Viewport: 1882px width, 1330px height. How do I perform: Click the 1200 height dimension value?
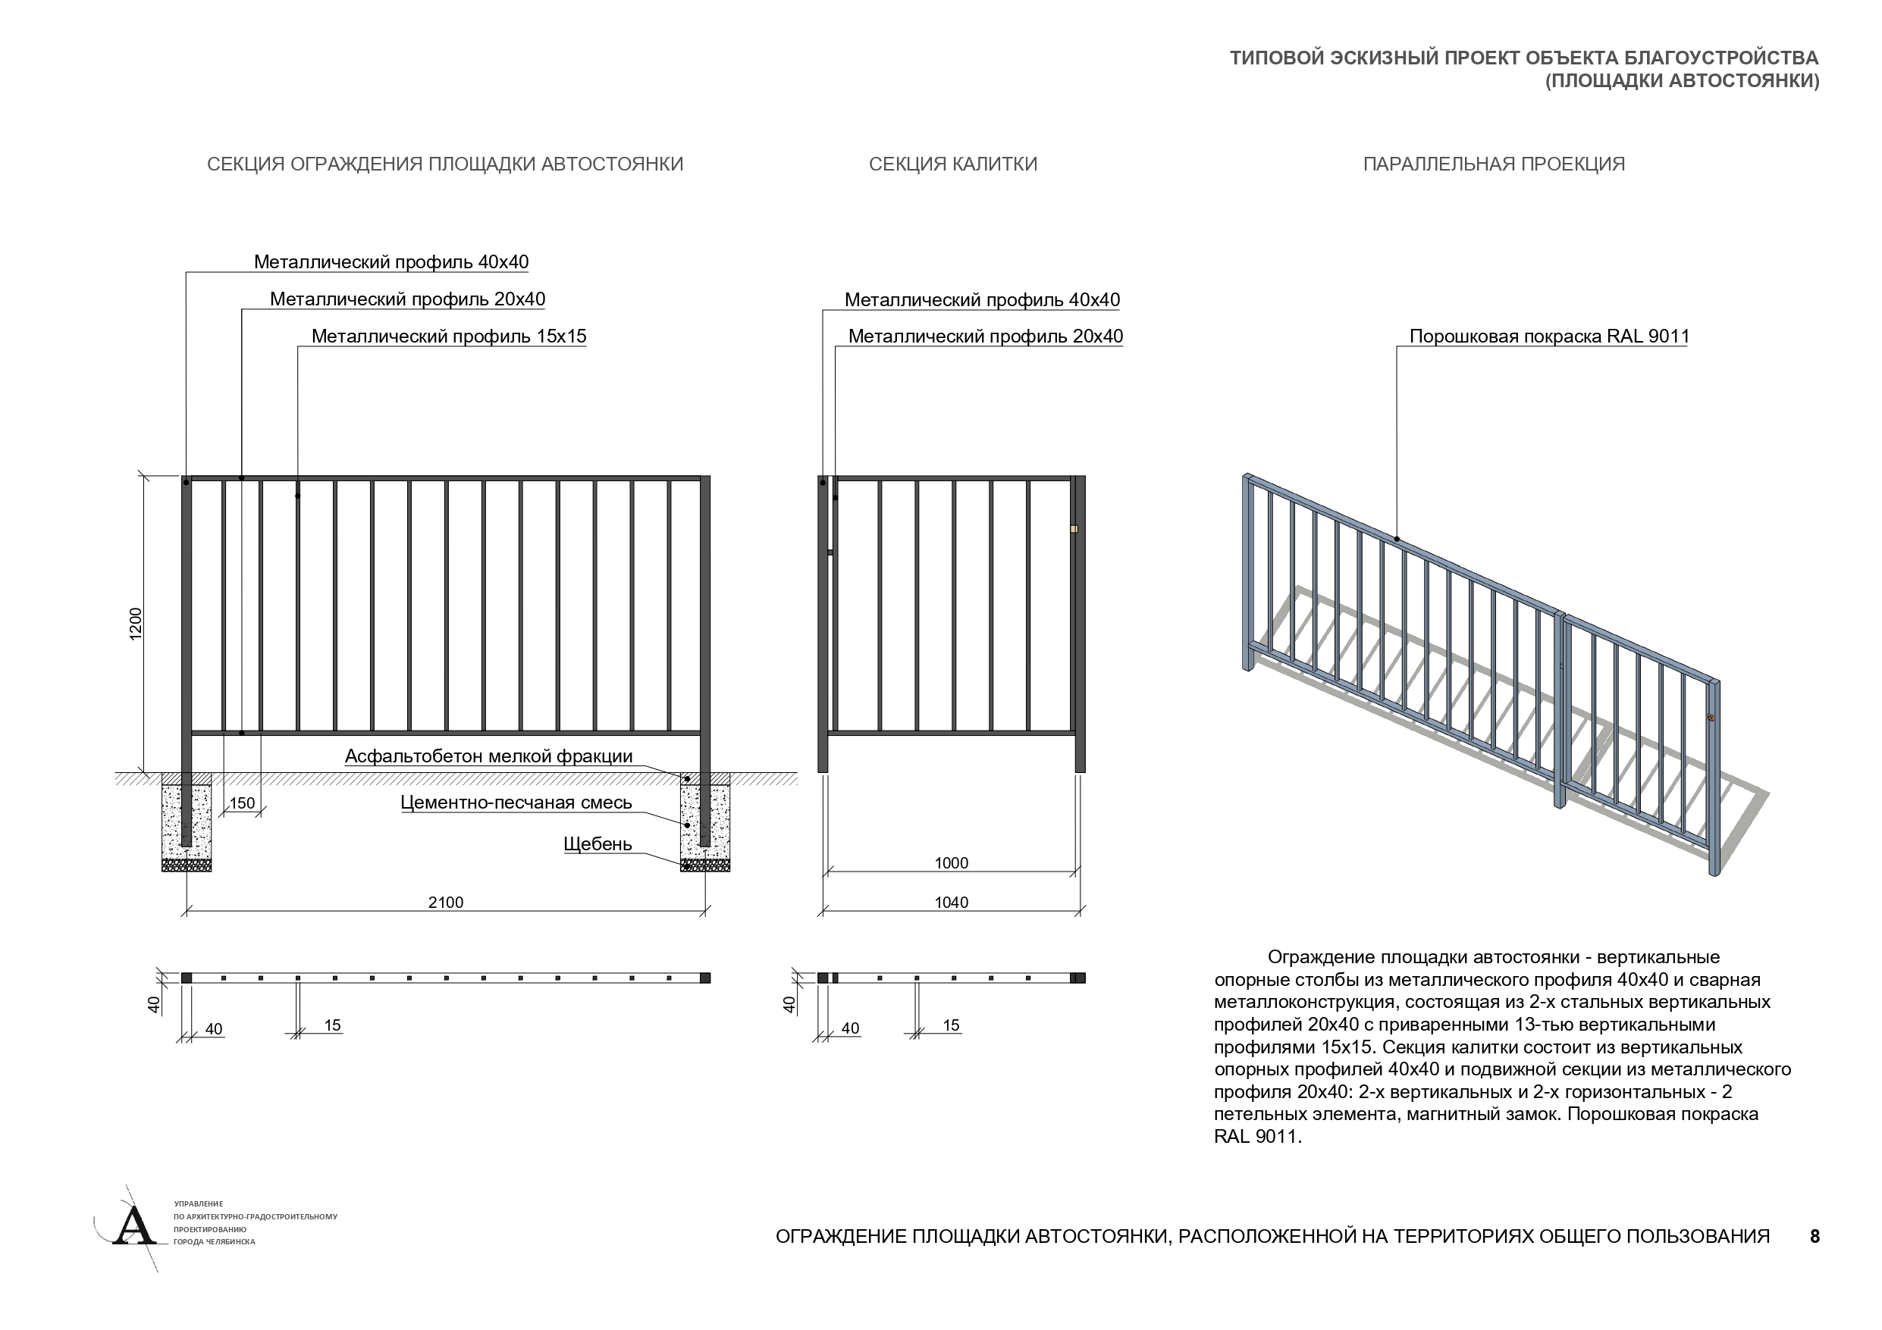point(136,624)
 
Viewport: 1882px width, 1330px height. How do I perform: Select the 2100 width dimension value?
point(445,903)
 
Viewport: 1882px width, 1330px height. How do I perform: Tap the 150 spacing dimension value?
point(242,803)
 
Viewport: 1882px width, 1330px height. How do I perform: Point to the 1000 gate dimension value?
point(951,863)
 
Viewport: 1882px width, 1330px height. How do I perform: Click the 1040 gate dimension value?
point(951,903)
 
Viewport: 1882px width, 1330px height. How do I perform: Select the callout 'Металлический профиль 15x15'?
point(448,336)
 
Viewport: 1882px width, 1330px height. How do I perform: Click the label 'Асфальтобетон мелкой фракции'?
point(488,756)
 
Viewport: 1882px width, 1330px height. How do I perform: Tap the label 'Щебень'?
point(598,844)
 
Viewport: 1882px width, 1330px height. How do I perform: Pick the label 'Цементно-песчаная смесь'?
point(516,803)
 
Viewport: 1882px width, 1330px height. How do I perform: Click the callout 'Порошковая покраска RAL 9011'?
point(1549,336)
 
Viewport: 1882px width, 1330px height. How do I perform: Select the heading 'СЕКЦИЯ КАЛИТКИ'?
point(952,164)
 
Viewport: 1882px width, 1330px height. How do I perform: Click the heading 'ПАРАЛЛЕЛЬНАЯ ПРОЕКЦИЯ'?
point(1494,164)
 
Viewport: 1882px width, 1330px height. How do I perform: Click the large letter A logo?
point(133,1227)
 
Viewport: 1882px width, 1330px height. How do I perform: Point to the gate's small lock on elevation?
point(1073,530)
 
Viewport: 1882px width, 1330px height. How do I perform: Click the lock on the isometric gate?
point(1711,718)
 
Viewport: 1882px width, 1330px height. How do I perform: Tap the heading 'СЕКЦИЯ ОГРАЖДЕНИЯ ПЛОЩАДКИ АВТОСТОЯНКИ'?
point(445,164)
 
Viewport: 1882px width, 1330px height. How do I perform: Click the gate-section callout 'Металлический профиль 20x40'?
point(985,336)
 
